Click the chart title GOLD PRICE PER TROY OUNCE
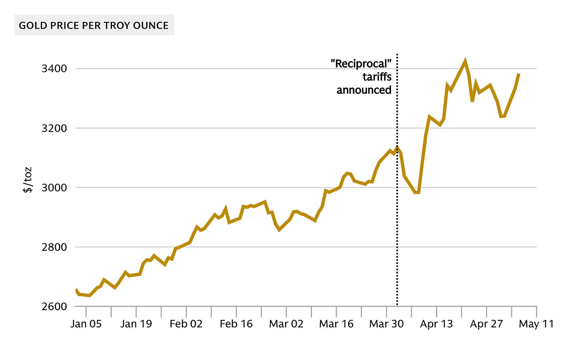tap(94, 26)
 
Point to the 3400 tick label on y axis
tap(54, 69)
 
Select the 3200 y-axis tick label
tap(54, 128)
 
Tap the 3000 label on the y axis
tap(54, 188)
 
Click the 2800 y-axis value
tap(54, 247)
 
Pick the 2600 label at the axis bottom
tap(54, 307)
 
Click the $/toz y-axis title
tap(27, 180)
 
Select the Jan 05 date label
tap(86, 324)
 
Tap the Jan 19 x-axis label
tap(136, 324)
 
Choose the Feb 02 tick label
tap(186, 324)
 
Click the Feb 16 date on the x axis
tap(236, 324)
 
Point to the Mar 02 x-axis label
tap(286, 324)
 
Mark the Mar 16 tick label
tap(336, 324)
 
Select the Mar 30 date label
tap(387, 324)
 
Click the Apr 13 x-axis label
tap(436, 324)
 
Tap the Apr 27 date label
tap(486, 324)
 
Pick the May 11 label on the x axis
tap(536, 324)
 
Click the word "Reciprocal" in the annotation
tap(361, 64)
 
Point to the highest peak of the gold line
tap(465, 61)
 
